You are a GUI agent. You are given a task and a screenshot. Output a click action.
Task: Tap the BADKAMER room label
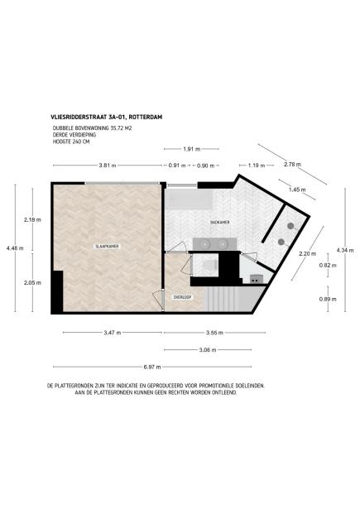pos(219,223)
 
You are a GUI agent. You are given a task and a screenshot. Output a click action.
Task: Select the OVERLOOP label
pos(183,296)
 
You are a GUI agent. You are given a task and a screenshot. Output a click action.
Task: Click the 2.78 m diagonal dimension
pos(292,166)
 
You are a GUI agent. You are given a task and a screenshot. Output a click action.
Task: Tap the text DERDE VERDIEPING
pos(72,135)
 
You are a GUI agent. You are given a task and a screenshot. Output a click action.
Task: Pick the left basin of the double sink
pos(203,243)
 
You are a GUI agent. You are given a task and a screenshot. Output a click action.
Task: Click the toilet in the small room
pos(211,265)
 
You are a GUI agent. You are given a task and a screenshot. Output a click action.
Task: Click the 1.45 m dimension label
pos(297,190)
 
